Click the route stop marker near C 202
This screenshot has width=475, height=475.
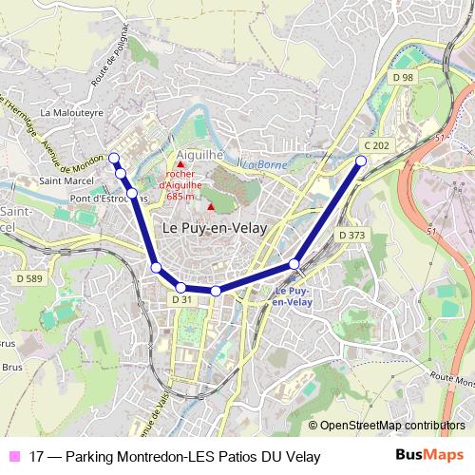[x=361, y=161]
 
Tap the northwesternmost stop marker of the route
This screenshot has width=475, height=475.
[x=113, y=158]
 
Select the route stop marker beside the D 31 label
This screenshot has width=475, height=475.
[x=180, y=287]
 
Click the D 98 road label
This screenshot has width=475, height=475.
[x=404, y=77]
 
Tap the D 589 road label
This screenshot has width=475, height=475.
[x=29, y=278]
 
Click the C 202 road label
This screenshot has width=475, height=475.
[x=376, y=145]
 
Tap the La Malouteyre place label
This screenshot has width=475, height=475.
[x=72, y=111]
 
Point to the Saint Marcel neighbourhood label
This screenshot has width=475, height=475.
[x=65, y=180]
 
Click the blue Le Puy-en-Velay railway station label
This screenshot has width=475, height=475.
[x=293, y=296]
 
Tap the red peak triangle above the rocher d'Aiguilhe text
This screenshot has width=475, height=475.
[x=180, y=164]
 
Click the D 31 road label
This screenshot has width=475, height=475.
[x=182, y=300]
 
